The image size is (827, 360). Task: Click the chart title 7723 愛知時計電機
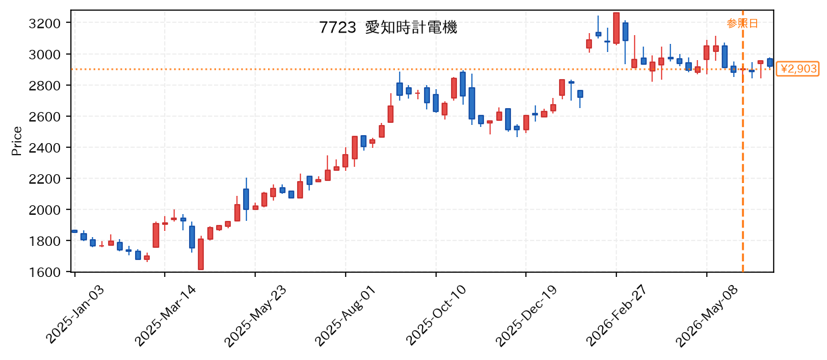[388, 28]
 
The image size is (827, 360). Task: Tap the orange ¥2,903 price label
[797, 69]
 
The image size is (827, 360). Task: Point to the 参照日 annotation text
[742, 24]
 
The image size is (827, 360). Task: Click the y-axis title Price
[17, 141]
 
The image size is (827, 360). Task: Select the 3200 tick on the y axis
[45, 24]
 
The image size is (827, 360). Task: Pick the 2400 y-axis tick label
[45, 148]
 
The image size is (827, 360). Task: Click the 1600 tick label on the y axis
[45, 272]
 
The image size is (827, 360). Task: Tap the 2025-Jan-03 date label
[75, 314]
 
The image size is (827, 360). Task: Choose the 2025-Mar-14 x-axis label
[165, 315]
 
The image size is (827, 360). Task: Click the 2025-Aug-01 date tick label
[346, 315]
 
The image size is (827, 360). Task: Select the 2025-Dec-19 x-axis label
[526, 315]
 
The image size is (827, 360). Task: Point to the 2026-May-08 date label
[707, 315]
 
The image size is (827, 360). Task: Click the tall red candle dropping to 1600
[201, 254]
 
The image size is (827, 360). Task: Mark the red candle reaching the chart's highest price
[616, 28]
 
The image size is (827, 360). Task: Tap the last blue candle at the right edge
[770, 62]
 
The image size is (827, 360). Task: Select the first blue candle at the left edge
[74, 231]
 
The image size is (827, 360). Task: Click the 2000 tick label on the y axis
[45, 210]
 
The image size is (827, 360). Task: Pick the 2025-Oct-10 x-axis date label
[436, 315]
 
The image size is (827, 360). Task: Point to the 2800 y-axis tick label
[45, 86]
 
